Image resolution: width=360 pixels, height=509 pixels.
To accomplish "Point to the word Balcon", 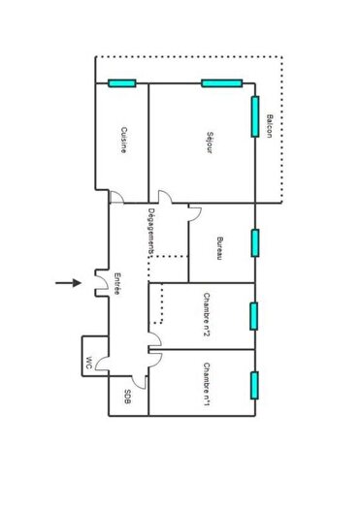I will (270, 126).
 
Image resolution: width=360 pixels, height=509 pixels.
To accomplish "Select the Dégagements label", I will (151, 233).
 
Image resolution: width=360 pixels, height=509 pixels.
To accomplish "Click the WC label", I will (88, 364).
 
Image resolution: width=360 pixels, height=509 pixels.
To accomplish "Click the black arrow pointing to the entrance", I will (67, 283).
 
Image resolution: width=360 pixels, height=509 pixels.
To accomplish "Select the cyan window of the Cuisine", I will (121, 83).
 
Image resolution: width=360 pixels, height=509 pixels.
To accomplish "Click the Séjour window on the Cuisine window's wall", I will (221, 83).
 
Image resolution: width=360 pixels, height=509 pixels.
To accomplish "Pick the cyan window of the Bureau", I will (255, 242).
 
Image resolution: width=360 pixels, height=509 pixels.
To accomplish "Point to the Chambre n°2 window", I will (255, 316).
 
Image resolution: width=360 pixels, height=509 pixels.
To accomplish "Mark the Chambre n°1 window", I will (255, 385).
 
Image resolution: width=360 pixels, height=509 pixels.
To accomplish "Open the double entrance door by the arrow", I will (99, 282).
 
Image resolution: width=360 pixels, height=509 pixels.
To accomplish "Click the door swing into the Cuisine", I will (116, 199).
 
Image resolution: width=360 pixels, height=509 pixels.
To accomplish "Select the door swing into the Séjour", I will (166, 199).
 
